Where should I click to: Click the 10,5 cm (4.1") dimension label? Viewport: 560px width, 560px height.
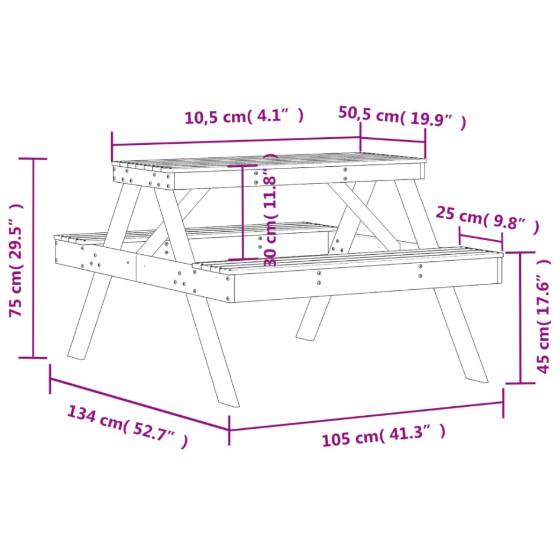(244, 116)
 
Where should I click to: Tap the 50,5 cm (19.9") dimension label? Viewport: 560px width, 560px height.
(402, 116)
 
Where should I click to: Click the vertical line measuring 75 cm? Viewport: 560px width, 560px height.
(34, 258)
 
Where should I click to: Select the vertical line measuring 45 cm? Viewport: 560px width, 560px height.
(520, 318)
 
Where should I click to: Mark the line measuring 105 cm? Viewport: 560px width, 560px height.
(366, 416)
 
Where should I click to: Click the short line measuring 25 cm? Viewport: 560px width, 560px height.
(481, 240)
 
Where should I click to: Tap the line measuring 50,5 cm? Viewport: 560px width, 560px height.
(393, 141)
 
